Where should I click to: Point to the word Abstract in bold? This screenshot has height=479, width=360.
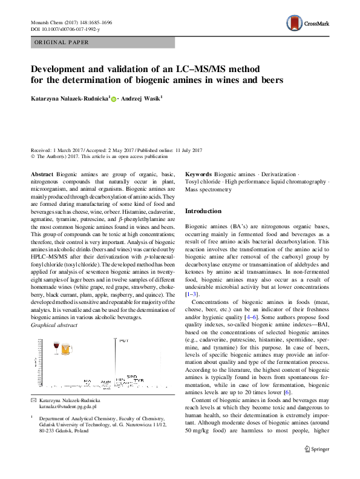click(x=42, y=174)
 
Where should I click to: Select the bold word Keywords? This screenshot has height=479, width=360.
click(x=199, y=174)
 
